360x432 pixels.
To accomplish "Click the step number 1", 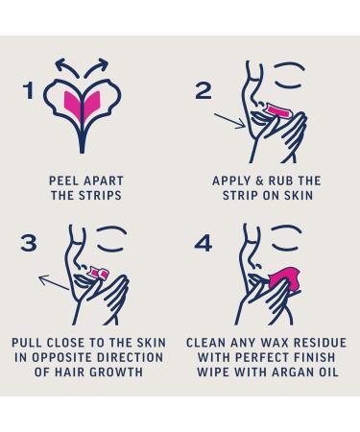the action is point(29,90).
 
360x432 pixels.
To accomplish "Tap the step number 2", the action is point(204,90).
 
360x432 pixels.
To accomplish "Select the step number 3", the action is point(29,243).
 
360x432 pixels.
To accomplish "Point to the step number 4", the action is point(204,243).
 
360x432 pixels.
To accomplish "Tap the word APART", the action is point(104,180).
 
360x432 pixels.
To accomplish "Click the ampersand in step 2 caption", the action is point(259,180).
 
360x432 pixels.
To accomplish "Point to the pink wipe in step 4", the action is point(285,280).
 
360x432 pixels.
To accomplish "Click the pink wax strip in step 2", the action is point(277,111).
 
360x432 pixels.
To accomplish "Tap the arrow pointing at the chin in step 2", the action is point(229,121).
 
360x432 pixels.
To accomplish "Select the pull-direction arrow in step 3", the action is point(54,282).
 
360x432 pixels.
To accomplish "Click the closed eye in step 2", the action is point(289,76).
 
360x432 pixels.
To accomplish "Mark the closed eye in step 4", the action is point(287,238).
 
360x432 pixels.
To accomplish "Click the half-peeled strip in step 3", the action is point(100,272).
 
